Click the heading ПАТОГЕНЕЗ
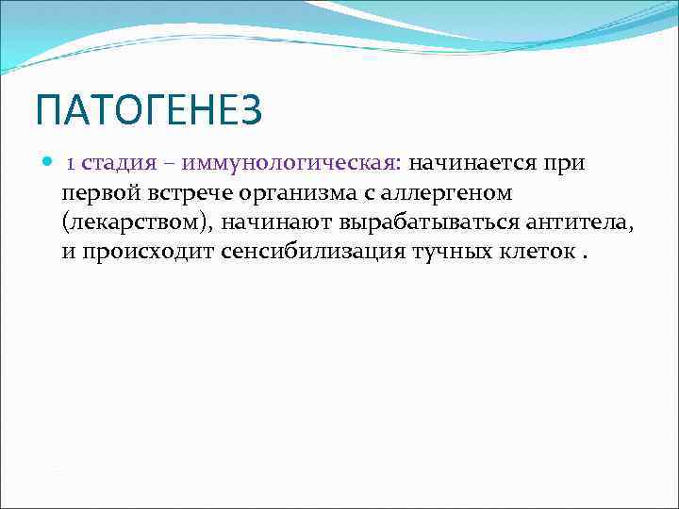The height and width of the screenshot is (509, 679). (x=148, y=111)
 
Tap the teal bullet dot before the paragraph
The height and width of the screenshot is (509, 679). (x=49, y=162)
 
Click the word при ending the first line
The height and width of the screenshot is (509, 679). (x=565, y=164)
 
